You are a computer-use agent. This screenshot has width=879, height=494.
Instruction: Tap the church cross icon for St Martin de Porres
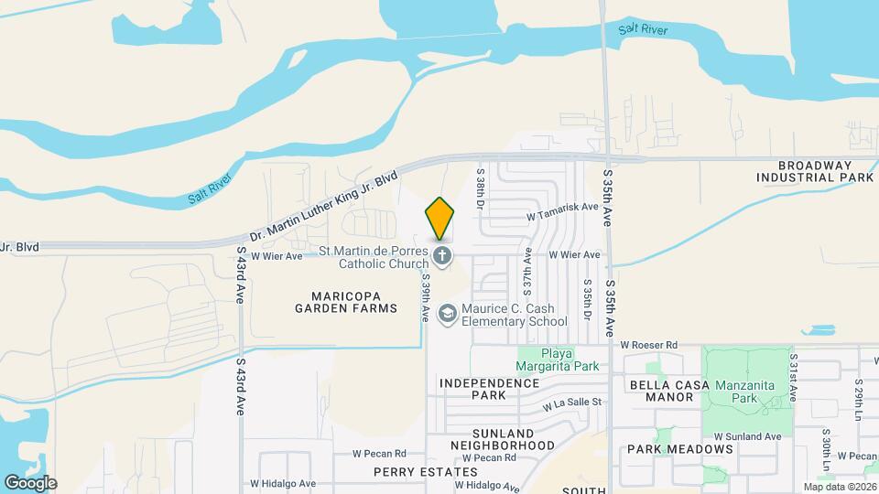[x=442, y=256]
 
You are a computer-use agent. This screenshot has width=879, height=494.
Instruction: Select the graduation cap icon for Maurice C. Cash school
[x=447, y=315]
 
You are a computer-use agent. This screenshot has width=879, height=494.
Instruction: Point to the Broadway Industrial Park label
[x=814, y=170]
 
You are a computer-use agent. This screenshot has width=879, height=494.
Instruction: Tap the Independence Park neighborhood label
[x=472, y=389]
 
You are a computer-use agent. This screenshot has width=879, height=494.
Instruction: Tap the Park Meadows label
[x=680, y=449]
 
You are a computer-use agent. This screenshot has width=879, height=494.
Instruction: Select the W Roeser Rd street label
[x=648, y=345]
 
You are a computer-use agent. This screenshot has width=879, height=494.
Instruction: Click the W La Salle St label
[x=571, y=402]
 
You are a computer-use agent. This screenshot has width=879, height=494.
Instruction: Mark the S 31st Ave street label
[x=793, y=376]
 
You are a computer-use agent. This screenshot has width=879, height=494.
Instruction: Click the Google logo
[x=30, y=482]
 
